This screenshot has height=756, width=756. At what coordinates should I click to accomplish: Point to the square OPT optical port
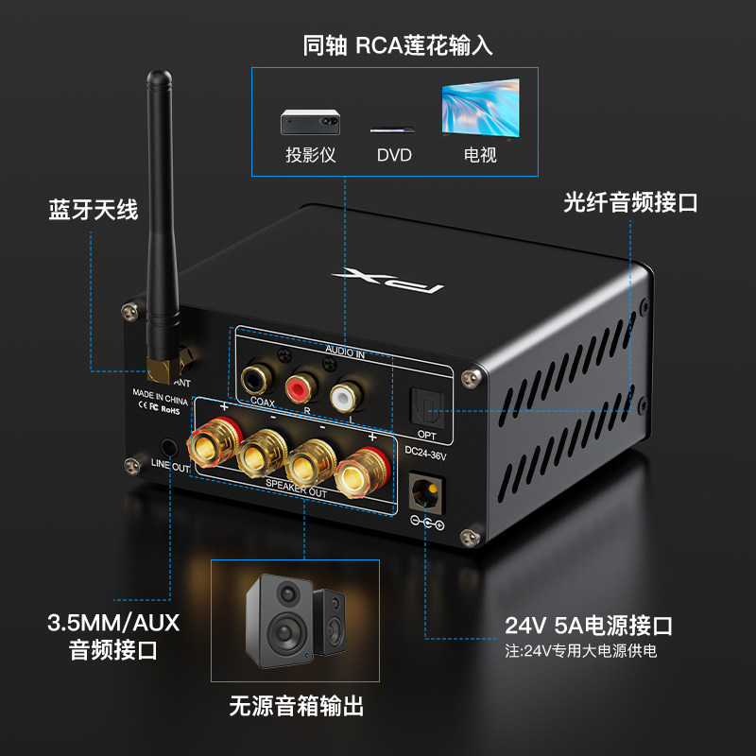(x=425, y=407)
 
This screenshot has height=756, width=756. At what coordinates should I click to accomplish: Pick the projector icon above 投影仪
(x=310, y=121)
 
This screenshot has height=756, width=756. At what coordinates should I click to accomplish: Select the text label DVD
(x=394, y=155)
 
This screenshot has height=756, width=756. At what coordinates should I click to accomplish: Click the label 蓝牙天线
(x=94, y=209)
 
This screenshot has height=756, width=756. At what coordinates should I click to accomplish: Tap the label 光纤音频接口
(x=630, y=201)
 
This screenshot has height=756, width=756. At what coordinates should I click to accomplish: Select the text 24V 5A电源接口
(x=588, y=626)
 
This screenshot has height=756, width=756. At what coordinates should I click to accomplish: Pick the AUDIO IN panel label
(x=344, y=351)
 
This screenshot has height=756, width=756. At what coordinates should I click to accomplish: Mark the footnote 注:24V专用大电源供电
(x=580, y=651)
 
